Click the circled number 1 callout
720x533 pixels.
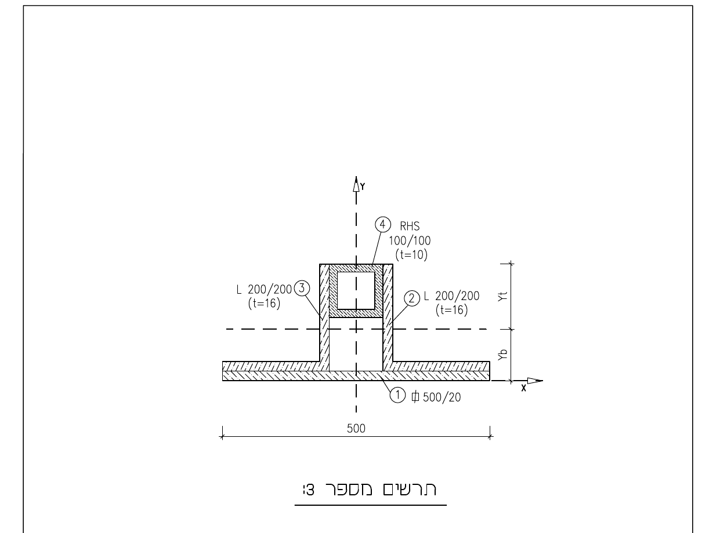(397, 395)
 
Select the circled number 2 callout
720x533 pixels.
(411, 298)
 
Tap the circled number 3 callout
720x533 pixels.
(302, 288)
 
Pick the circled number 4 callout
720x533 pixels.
(383, 224)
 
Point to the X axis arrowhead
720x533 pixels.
(535, 381)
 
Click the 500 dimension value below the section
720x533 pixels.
(356, 429)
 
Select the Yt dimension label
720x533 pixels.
(502, 296)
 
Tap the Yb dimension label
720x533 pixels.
(502, 355)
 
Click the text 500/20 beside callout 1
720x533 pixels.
(442, 397)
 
